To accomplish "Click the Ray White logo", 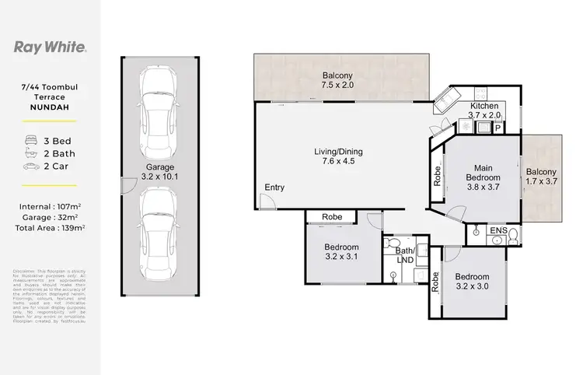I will [51, 47].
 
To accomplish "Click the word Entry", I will [274, 188].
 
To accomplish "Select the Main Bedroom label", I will [482, 177].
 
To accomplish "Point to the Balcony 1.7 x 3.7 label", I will [541, 177].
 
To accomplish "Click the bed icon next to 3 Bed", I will [31, 141].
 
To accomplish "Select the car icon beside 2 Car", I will [31, 166].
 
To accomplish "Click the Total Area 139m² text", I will [50, 228].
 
